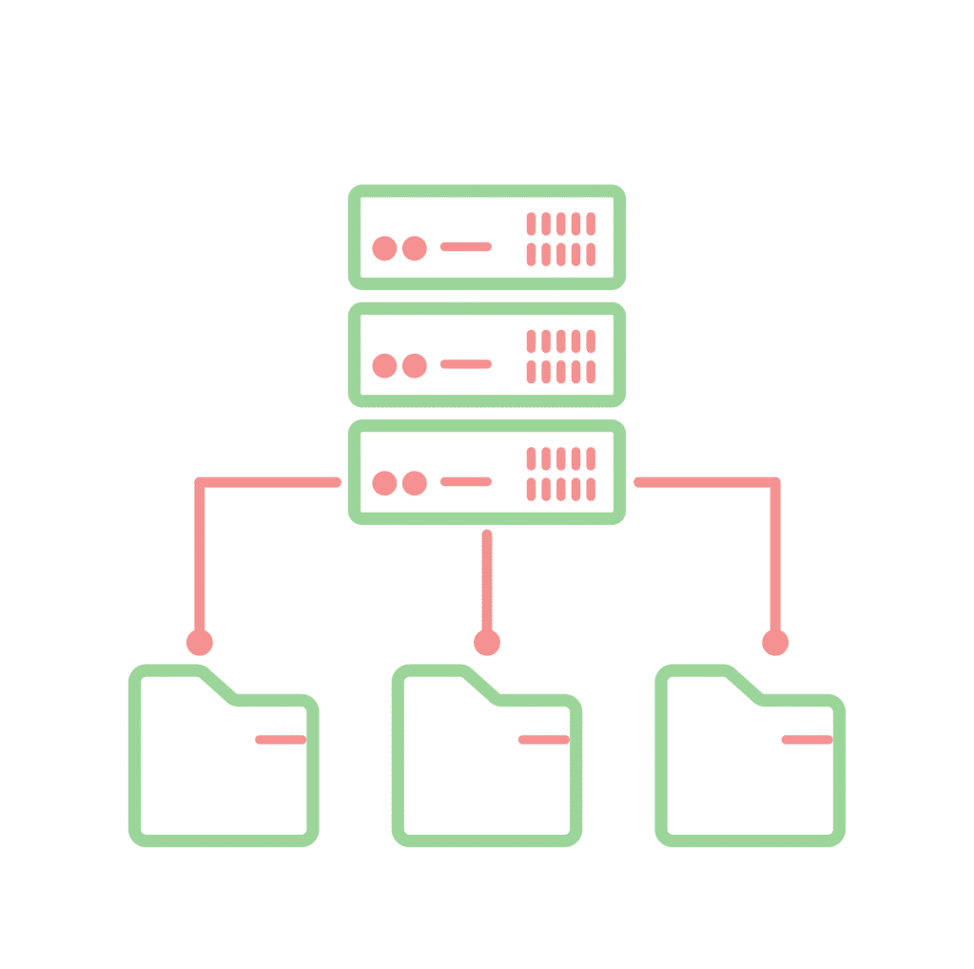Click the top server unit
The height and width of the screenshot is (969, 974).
486,237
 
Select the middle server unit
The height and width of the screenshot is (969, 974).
486,355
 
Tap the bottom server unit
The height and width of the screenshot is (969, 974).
486,473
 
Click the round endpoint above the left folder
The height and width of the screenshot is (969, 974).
200,643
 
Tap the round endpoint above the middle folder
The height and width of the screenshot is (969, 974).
487,643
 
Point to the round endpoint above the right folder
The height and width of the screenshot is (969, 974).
775,643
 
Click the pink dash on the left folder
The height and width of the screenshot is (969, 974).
281,739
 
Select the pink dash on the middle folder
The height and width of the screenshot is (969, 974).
543,739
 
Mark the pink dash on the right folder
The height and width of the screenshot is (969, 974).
807,739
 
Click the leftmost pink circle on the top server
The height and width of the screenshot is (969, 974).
384,248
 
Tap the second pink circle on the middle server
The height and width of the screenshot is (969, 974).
414,366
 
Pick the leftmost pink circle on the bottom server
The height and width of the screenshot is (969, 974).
384,483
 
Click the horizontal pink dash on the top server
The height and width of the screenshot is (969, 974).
466,246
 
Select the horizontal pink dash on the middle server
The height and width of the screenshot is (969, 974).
466,364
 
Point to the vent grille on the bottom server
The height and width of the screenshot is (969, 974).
561,474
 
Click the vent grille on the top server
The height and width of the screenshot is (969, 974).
561,239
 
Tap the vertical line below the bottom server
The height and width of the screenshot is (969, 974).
487,580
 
